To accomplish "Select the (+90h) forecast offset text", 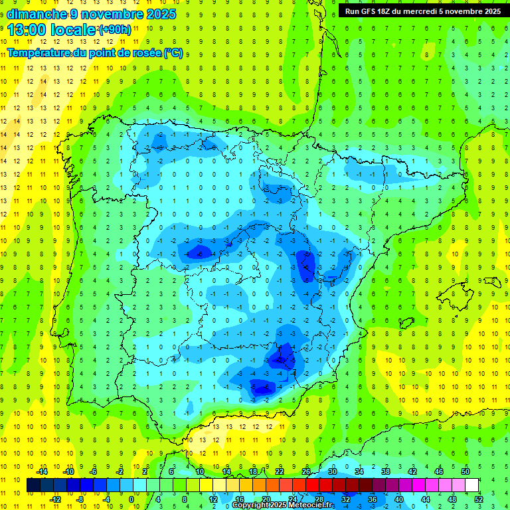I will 115,30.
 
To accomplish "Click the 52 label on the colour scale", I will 478,499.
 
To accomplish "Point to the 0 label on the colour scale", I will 131,499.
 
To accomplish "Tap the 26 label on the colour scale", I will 306,471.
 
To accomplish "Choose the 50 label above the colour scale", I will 466,471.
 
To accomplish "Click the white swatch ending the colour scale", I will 471,485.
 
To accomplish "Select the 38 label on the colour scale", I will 386,471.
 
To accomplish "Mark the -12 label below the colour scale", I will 56,499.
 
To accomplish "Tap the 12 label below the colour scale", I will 213,499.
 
